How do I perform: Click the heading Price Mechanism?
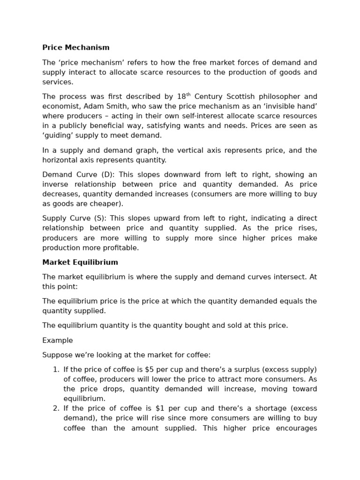click(x=76, y=47)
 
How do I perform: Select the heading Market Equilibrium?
click(x=80, y=262)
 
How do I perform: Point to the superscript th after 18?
click(x=188, y=95)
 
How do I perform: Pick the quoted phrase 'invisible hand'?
click(x=296, y=106)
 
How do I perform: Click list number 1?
click(x=56, y=369)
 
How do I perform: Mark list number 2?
click(x=56, y=408)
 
